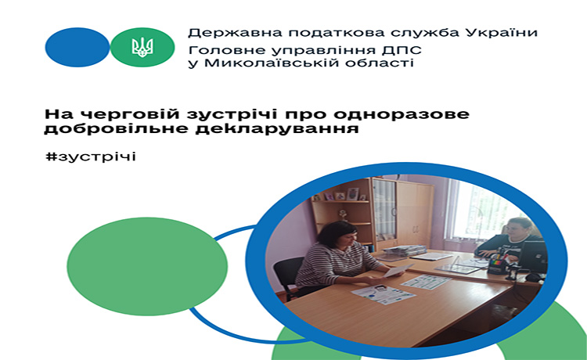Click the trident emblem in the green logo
pyautogui.click(x=142, y=48)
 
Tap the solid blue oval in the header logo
pyautogui.click(x=77, y=47)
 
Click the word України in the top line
pyautogui.click(x=502, y=33)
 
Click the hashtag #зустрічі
pyautogui.click(x=91, y=156)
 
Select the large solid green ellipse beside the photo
pyautogui.click(x=147, y=266)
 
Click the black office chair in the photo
pyautogui.click(x=287, y=275)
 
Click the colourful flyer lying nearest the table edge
pyautogui.click(x=383, y=294)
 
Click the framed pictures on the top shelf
pyautogui.click(x=340, y=195)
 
